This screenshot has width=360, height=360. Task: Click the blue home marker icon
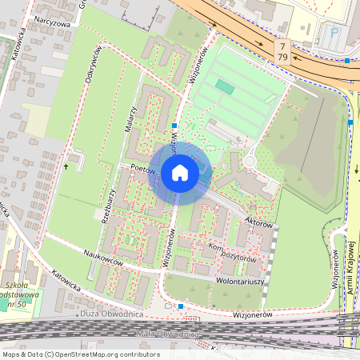click(x=180, y=173)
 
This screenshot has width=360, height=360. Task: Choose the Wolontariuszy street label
click(x=241, y=282)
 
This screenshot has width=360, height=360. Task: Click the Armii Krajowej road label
click(x=350, y=268)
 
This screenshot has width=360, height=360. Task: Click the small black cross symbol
click(x=66, y=166)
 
